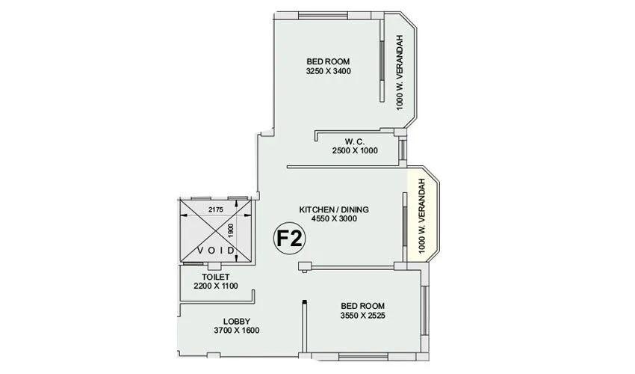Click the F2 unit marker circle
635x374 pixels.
point(289,239)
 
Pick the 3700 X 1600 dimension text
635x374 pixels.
point(237,331)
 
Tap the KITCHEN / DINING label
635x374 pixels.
point(334,209)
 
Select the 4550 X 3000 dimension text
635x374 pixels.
point(334,219)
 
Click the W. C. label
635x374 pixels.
point(355,141)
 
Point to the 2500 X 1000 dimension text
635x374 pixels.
point(355,150)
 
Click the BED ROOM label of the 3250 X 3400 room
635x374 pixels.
point(328,61)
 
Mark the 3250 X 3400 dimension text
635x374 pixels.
point(328,71)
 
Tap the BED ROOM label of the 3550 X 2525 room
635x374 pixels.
point(363,306)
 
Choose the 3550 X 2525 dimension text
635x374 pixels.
point(363,316)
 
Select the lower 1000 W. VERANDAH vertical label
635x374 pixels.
point(423,217)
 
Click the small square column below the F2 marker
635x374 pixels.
point(303,266)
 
